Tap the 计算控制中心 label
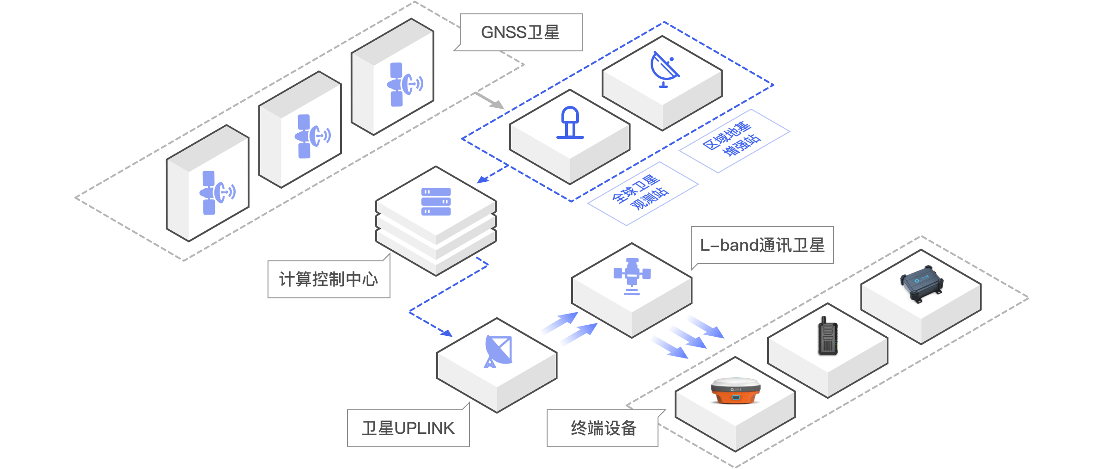click(329, 279)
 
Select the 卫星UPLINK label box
click(408, 428)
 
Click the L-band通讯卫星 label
click(762, 245)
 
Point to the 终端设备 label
click(603, 428)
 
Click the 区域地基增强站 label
click(733, 140)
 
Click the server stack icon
click(436, 202)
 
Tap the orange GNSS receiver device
click(735, 390)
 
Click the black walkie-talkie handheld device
click(828, 337)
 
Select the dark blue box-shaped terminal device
click(921, 283)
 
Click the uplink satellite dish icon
click(498, 352)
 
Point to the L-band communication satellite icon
click(632, 276)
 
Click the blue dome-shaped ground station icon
click(570, 123)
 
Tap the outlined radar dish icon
click(664, 69)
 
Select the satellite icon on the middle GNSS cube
click(311, 136)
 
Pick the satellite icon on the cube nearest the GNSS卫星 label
click(404, 84)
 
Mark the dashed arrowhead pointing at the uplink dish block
click(447, 333)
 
